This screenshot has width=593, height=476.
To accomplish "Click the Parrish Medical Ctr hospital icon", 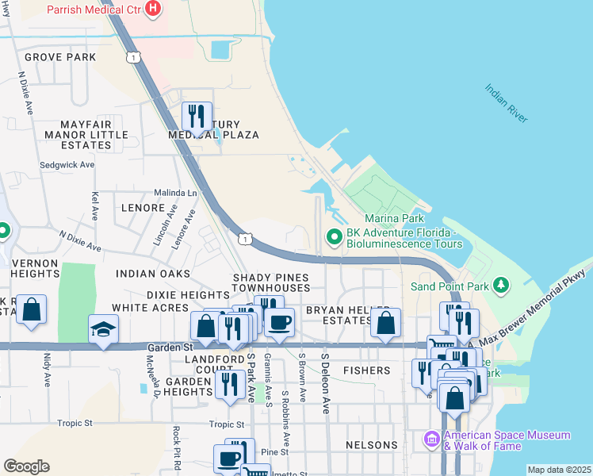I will pos(154,10).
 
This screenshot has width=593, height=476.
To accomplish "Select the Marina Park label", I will pos(394,218).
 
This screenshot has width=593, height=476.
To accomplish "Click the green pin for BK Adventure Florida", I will pos(335,236).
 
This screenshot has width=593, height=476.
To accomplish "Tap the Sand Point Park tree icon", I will pos(500,284).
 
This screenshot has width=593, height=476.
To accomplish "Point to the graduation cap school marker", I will pos(103,329).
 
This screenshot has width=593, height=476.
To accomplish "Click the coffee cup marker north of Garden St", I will pos(279,321).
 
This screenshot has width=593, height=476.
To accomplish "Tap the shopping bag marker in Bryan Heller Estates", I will pos(385,322).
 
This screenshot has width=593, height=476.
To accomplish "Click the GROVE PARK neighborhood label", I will pos(60,57).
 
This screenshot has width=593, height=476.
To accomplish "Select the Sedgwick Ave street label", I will pos(67,165).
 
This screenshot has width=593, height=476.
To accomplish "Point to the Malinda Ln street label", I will pos(175,193).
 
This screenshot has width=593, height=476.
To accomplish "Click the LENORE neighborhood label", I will pos(143,207).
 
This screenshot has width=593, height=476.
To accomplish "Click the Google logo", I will pos(26,466).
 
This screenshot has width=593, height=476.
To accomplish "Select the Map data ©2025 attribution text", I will pos(559,470).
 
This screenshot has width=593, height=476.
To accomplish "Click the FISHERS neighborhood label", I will pos(366,370).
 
